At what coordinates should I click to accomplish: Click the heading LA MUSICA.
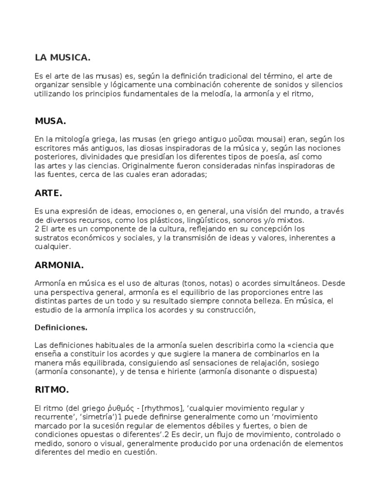(x=63, y=58)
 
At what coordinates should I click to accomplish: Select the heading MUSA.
(x=50, y=121)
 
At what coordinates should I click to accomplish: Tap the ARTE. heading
(x=49, y=193)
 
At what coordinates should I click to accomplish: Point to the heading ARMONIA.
(x=59, y=266)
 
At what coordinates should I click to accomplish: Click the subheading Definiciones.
(x=61, y=327)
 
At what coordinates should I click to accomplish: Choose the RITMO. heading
(x=52, y=390)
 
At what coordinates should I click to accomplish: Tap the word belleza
(x=263, y=301)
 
